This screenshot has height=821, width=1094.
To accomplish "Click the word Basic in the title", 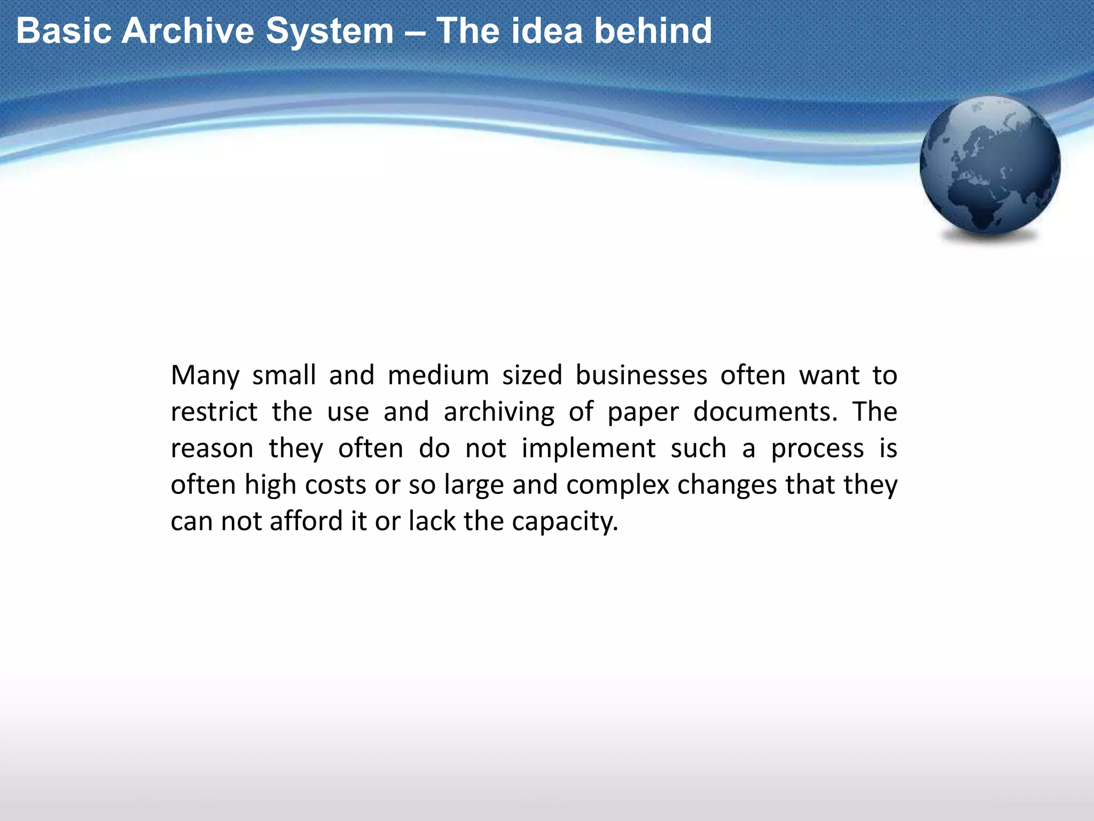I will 62,30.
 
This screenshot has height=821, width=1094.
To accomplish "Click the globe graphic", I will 990,166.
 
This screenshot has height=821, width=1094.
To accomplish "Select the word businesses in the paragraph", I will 641,375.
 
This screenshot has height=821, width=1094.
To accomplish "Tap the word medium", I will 438,375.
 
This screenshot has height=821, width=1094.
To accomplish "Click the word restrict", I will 214,412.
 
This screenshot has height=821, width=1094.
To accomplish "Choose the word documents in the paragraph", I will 765,412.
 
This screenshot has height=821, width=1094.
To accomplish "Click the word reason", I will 212,449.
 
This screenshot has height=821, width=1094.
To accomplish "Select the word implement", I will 588,449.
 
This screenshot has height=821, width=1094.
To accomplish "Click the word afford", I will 306,521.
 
